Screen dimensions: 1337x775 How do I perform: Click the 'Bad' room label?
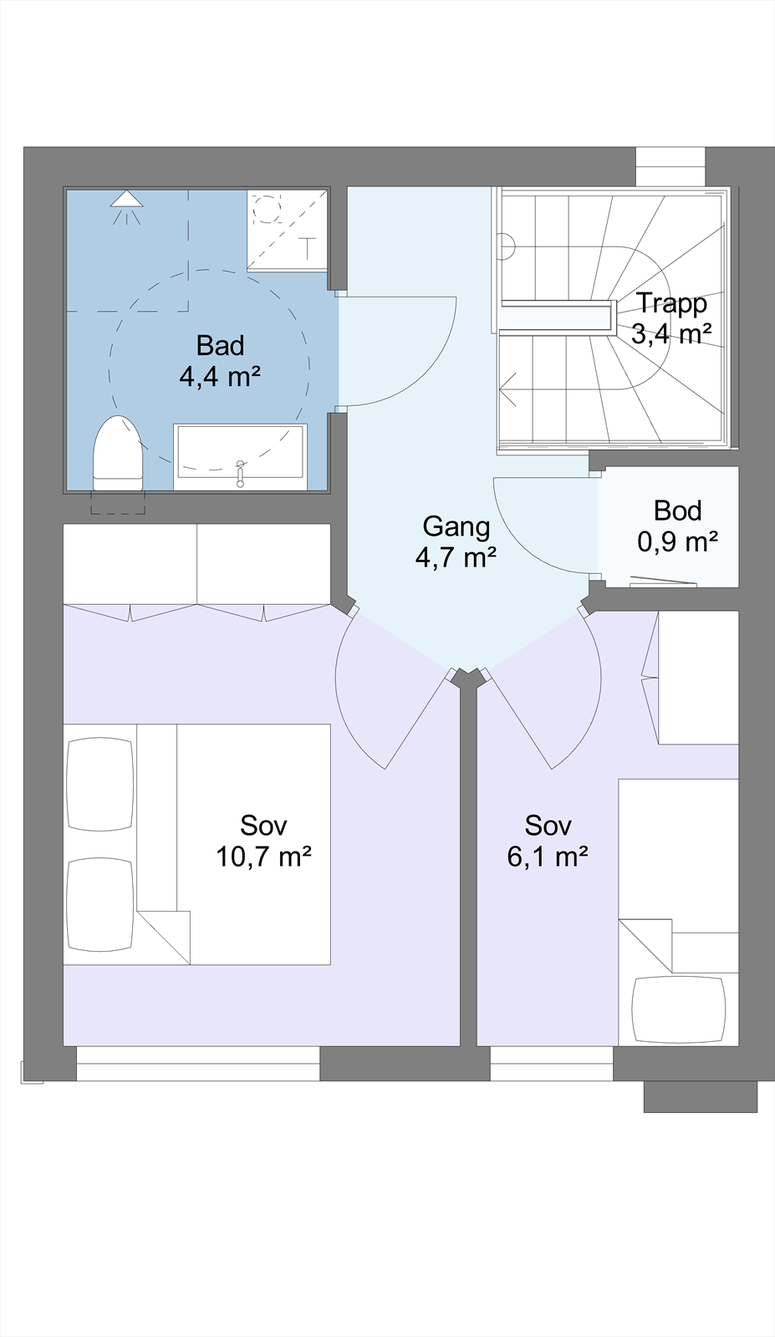point(220,345)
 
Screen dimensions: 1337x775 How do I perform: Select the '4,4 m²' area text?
point(220,376)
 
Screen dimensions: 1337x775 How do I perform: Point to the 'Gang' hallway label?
point(456,526)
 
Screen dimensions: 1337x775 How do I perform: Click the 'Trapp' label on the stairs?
point(671,303)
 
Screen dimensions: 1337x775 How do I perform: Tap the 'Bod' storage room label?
point(677,511)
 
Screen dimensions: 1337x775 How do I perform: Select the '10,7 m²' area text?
point(263,857)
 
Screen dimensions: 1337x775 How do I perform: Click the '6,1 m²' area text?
point(548,857)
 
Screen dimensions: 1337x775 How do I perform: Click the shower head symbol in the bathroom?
point(127,201)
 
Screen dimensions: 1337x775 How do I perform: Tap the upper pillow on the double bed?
point(99,784)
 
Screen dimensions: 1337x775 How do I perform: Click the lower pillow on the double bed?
point(99,904)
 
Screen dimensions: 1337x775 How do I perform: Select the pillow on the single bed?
point(678,1009)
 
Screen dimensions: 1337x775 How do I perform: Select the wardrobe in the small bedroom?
point(697,677)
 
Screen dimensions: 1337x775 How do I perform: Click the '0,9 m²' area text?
point(677,542)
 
